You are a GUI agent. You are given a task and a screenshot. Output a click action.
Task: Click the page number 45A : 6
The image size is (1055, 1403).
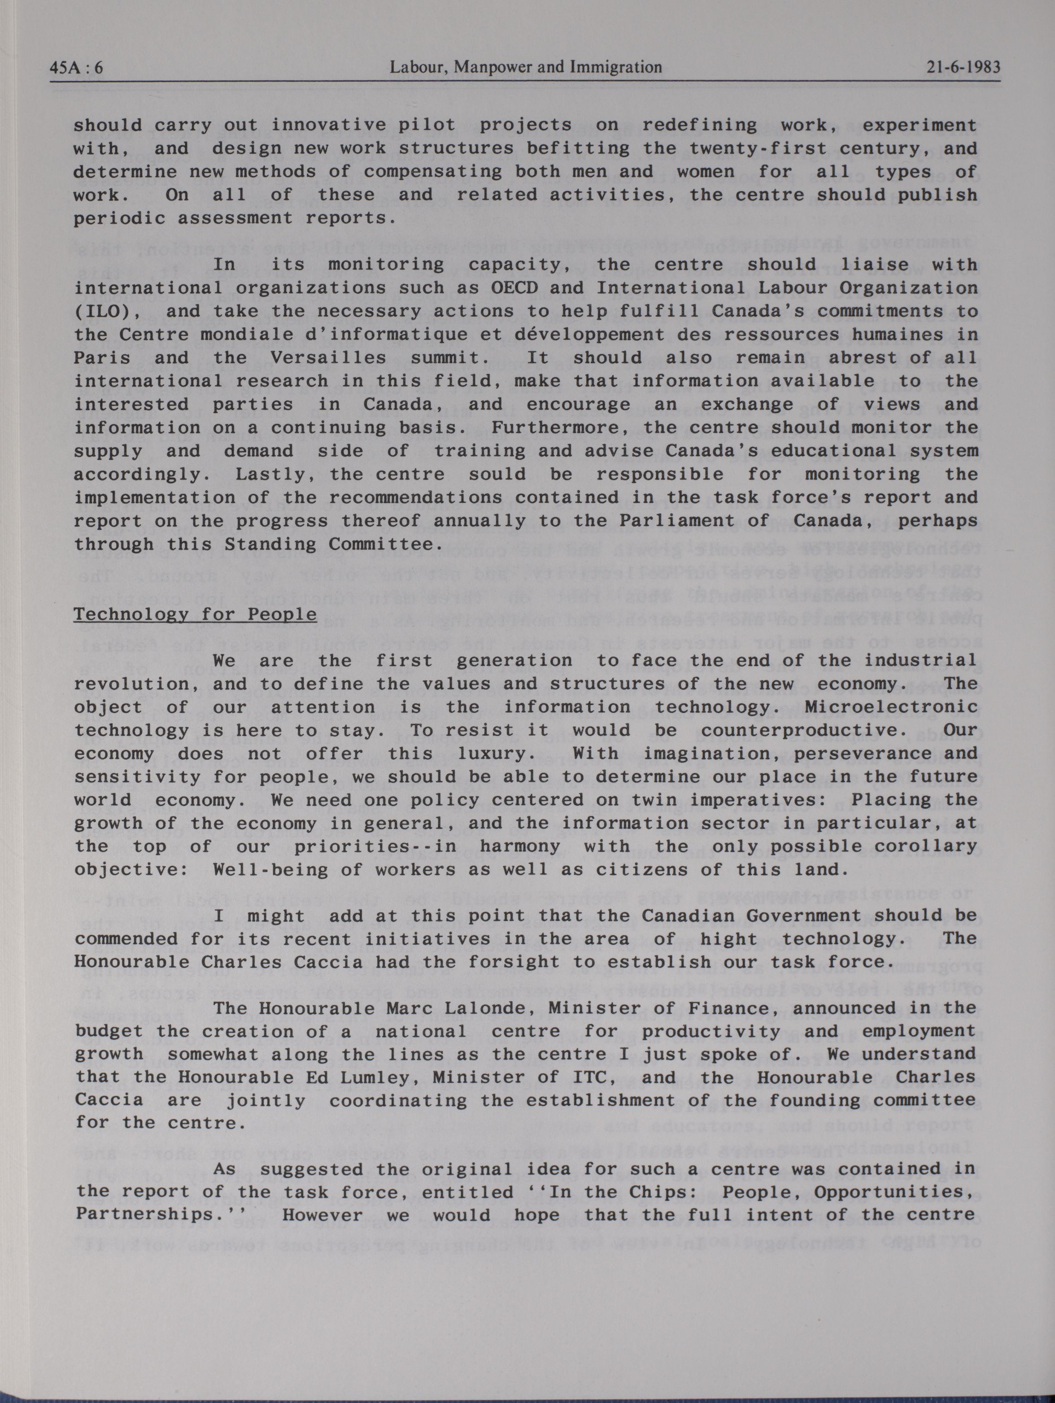click(x=76, y=67)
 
